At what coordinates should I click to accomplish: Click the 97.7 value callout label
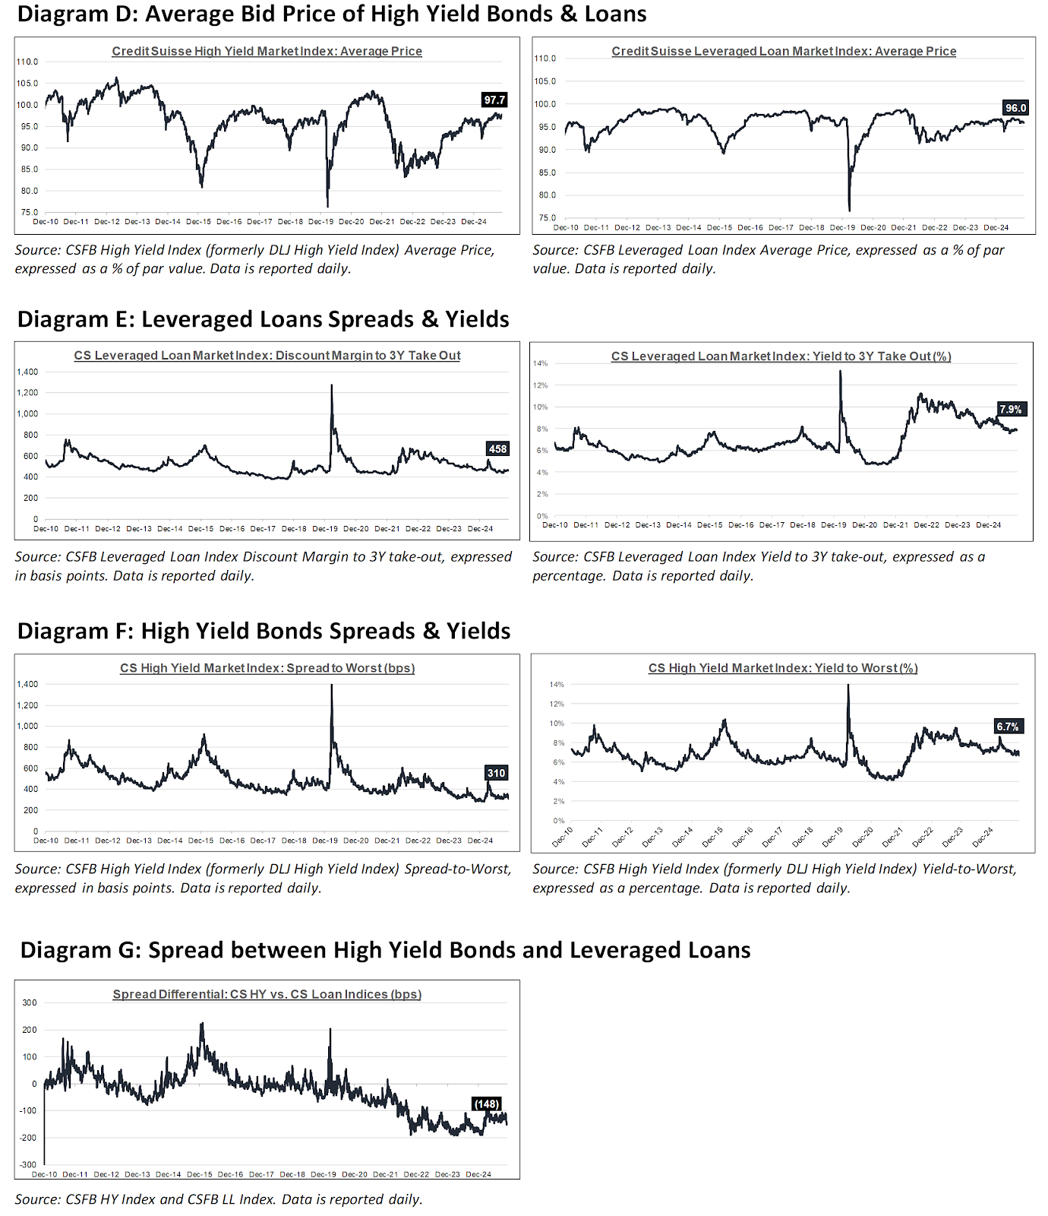494,100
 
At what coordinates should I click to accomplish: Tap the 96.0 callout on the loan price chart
1015,108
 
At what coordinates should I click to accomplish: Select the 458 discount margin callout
497,449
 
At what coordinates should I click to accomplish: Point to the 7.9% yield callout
1011,409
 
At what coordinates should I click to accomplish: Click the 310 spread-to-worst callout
496,773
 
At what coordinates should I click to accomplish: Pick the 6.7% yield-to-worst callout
1008,727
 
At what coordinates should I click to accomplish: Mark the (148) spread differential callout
486,1104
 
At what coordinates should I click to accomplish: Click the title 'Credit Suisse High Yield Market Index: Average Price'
267,51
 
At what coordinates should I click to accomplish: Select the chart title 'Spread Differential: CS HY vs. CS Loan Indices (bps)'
267,994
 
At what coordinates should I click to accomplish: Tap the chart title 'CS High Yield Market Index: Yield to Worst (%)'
783,668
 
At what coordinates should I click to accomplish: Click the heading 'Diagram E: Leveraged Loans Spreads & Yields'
263,319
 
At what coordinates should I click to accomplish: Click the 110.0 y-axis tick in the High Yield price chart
27,62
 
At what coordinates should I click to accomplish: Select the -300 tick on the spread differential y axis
29,1164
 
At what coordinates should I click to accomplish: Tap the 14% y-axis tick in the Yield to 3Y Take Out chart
540,363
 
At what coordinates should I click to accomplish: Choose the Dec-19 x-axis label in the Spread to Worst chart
325,841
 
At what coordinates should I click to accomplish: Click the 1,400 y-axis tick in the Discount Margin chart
27,372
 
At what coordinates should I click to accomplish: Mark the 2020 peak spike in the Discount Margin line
332,385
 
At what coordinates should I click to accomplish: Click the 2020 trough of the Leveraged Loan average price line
849,211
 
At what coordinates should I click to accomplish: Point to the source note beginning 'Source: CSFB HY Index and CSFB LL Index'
219,1199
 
